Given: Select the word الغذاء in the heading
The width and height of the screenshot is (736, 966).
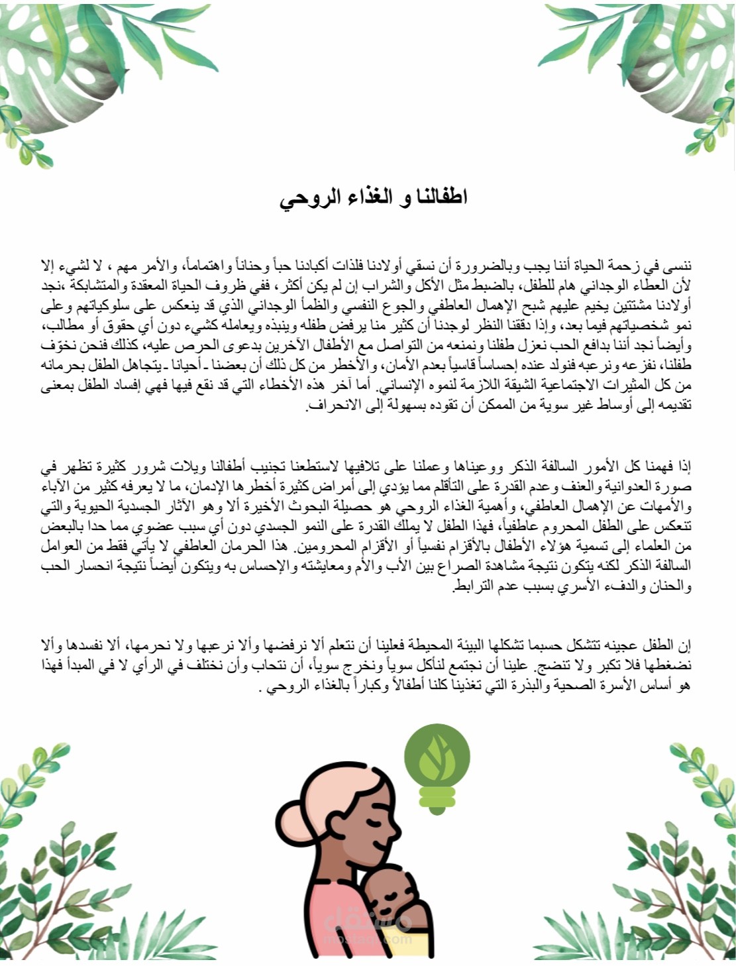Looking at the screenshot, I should pyautogui.click(x=362, y=198).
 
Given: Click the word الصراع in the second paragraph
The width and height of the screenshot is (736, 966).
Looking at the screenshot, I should pyautogui.click(x=444, y=567).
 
